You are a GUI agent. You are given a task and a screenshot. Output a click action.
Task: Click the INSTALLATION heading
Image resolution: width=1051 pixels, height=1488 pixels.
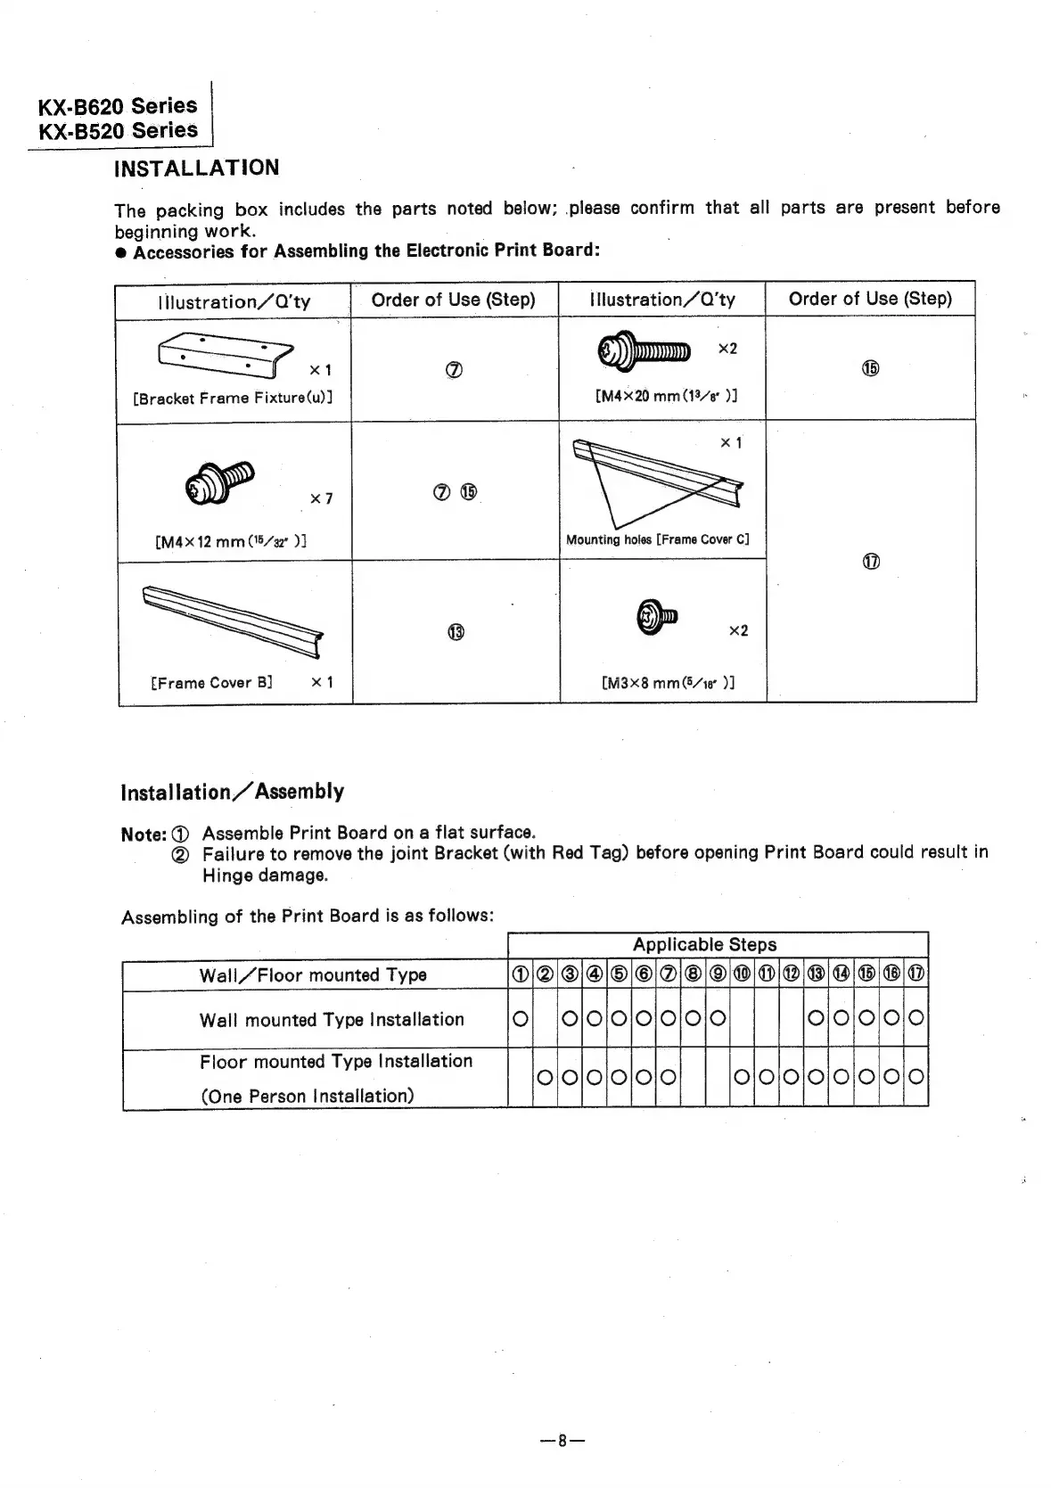coord(196,168)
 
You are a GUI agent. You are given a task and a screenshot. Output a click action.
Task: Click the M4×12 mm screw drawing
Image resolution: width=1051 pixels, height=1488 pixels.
coord(219,482)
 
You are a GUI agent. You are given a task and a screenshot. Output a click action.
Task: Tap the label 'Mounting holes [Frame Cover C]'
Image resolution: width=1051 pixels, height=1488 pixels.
coord(658,539)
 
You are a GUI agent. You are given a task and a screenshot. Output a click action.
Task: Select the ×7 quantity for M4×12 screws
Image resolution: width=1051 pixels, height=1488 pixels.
coord(322,498)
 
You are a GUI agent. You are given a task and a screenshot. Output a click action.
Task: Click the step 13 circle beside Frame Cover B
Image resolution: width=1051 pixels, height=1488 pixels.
coord(456,632)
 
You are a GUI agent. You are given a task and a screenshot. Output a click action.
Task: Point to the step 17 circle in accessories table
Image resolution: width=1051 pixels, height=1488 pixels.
coord(871,562)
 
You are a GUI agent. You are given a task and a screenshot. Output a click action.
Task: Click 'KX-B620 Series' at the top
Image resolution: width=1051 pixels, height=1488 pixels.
coord(117,106)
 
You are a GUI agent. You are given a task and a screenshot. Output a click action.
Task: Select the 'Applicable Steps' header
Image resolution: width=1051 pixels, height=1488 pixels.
coord(704,944)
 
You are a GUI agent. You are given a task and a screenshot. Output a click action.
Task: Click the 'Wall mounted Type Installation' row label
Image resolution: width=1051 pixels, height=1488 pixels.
coord(332,1019)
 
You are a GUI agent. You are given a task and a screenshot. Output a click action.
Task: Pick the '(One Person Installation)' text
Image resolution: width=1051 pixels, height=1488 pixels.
coord(307,1096)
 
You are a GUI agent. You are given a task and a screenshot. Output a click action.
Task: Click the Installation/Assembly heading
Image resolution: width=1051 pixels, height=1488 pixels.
coord(232,792)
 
